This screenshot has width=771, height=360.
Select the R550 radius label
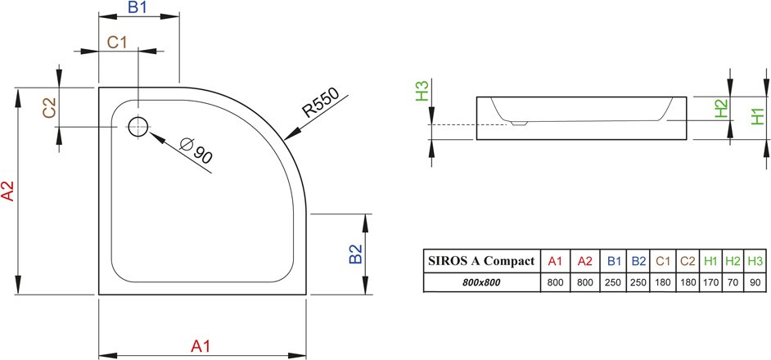[x=321, y=103]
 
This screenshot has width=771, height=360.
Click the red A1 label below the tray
[x=201, y=346]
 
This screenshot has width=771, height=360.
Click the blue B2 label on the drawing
[x=355, y=254]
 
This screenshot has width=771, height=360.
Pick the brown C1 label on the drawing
[x=118, y=43]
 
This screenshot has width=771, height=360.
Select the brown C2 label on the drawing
[x=49, y=108]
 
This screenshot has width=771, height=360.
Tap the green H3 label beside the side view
[x=422, y=91]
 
